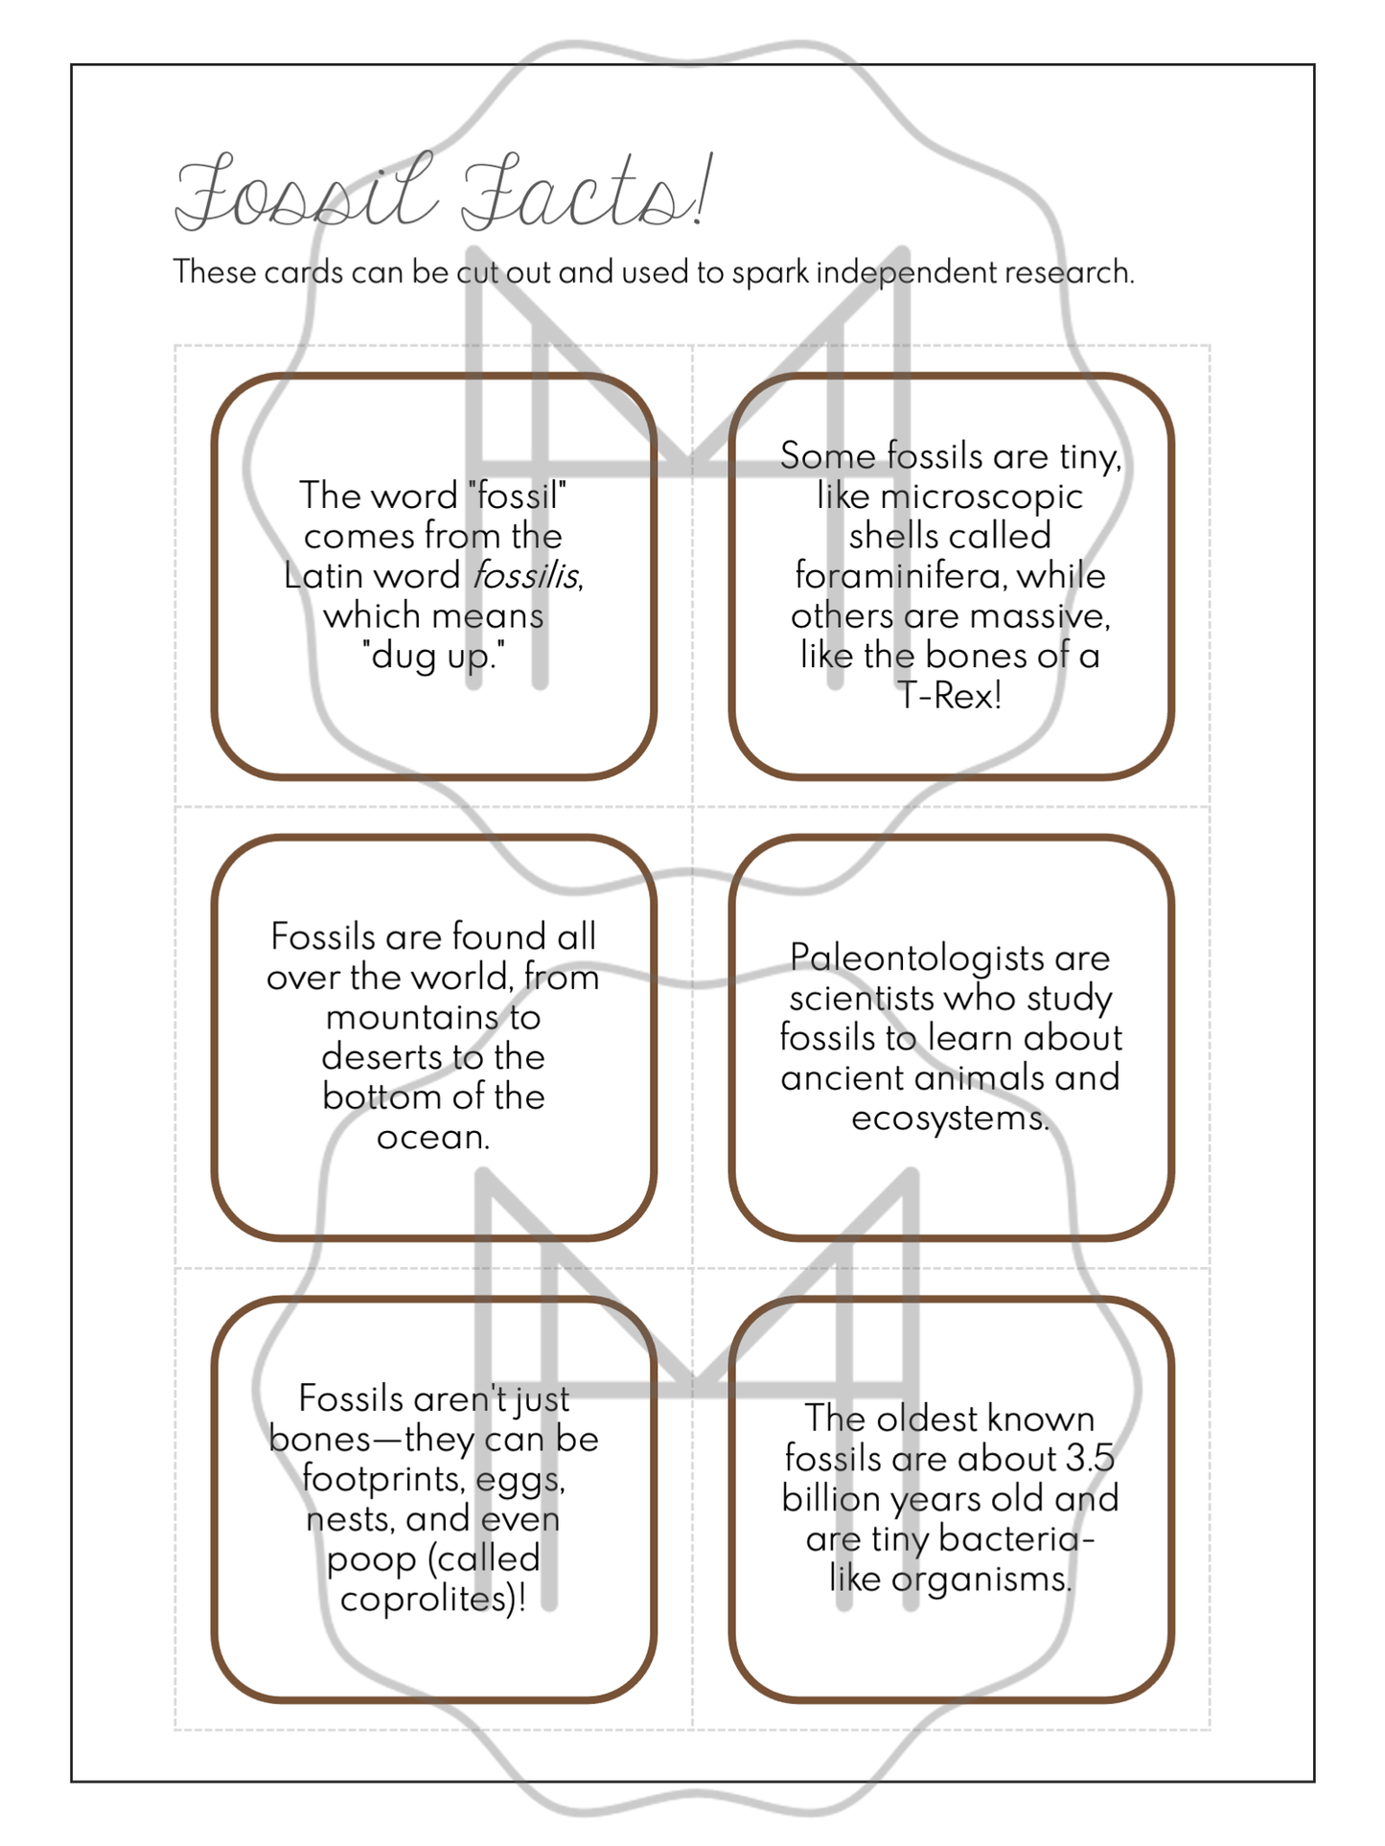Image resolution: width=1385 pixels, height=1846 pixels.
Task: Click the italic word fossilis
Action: (526, 576)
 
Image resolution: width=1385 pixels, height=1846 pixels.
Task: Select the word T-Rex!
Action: (950, 696)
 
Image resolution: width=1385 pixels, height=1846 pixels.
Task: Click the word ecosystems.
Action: (949, 1118)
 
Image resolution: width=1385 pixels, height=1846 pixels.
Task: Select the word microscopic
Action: (981, 496)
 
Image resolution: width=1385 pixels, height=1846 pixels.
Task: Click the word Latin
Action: (320, 576)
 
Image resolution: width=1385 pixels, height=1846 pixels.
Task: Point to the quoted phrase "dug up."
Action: (433, 657)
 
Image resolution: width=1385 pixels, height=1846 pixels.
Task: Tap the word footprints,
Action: (381, 1479)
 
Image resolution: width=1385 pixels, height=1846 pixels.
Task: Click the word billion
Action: (831, 1499)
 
